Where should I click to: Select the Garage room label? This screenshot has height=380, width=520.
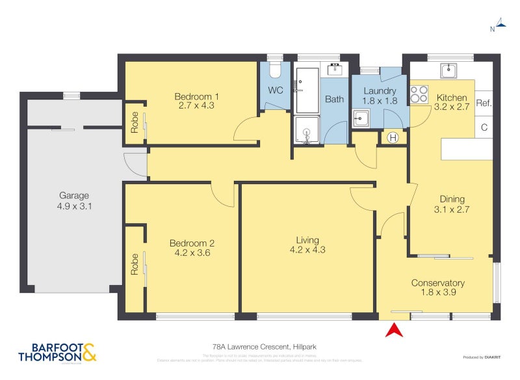click(74, 195)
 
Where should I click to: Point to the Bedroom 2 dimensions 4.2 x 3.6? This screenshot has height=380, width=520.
click(192, 254)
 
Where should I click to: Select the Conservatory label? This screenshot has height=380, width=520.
click(437, 283)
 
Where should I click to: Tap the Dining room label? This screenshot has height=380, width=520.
click(451, 199)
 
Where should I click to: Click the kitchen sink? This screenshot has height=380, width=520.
click(448, 70)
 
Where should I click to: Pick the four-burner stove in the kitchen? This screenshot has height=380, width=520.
click(419, 95)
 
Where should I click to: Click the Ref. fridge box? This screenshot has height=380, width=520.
click(484, 103)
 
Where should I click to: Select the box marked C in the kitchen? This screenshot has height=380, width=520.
click(484, 128)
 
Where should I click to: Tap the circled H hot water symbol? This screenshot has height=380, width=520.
click(393, 137)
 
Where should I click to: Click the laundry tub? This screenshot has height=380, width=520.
click(361, 118)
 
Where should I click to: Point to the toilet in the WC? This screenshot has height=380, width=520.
click(274, 70)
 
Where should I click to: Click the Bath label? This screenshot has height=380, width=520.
click(335, 100)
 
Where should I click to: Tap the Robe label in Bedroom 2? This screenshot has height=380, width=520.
click(135, 264)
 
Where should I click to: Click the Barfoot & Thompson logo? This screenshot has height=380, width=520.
click(57, 352)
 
